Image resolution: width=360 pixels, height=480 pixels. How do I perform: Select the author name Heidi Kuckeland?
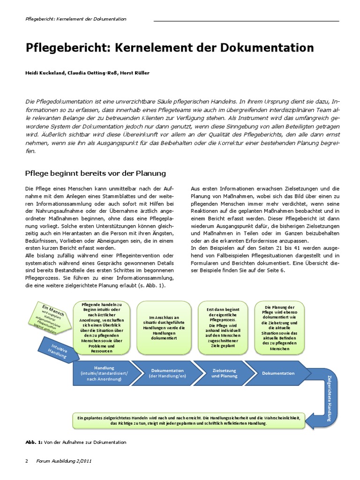tap(46, 73)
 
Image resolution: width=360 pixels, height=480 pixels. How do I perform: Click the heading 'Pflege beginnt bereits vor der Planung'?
tap(95, 173)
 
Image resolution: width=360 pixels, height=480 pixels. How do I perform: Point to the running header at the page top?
tap(75, 19)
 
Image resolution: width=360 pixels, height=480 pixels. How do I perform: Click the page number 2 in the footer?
tap(26, 461)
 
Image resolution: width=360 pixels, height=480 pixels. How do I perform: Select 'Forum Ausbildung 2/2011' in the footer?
tap(64, 461)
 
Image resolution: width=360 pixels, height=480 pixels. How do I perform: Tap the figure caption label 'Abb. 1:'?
tap(33, 442)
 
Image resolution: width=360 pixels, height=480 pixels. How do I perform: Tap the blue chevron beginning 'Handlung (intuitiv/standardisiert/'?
tap(103, 373)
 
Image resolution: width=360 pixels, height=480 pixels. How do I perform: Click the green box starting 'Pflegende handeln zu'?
tap(102, 328)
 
